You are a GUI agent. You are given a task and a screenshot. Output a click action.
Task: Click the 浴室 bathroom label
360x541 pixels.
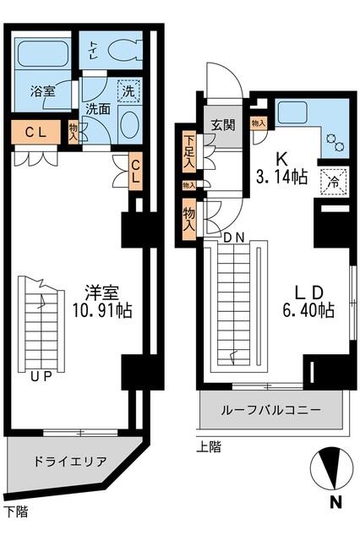coord(42,91)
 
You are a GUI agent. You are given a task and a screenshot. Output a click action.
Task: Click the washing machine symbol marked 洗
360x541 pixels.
coord(129,90)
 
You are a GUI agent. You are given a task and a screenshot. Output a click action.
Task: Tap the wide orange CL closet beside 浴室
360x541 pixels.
coord(35,132)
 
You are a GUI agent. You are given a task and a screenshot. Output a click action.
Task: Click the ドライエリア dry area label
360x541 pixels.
coord(70,462)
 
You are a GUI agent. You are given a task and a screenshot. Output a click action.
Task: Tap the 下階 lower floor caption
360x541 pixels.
coord(15,511)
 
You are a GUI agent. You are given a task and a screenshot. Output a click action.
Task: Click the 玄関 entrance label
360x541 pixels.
coord(223,126)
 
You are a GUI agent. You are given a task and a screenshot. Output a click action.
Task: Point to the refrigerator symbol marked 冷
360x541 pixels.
coord(332,179)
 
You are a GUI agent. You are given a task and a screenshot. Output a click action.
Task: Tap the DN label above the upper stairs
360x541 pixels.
coord(235,237)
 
